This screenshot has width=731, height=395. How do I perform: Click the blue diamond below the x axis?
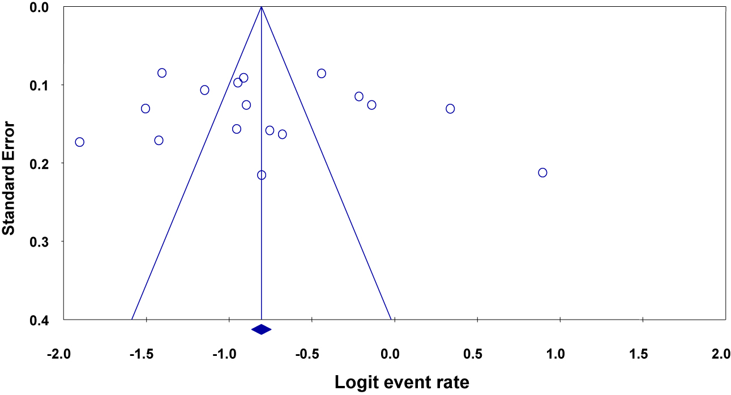(261, 329)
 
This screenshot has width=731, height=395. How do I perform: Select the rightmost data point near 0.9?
(542, 172)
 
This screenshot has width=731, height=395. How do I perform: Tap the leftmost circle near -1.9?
(80, 142)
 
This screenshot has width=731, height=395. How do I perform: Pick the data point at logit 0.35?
(450, 108)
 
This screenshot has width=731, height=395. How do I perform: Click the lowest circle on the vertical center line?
(261, 175)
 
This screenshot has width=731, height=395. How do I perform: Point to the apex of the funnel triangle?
(261, 7)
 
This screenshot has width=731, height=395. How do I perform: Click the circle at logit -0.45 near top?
(321, 73)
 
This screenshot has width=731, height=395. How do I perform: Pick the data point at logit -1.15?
(204, 90)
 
